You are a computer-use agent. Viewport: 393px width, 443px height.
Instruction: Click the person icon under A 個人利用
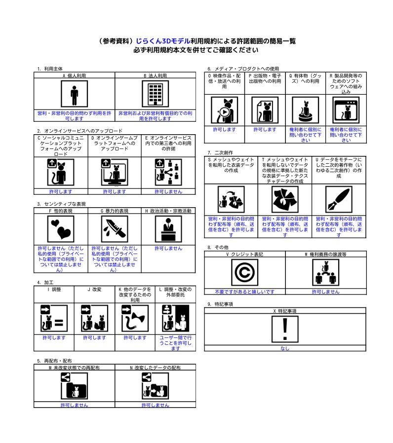tap(74, 94)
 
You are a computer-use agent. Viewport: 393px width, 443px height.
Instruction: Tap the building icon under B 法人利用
tap(155, 94)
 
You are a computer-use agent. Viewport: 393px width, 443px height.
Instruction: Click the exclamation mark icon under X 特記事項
tap(285, 329)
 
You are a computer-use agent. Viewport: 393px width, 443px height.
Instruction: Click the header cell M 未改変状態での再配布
tap(74, 368)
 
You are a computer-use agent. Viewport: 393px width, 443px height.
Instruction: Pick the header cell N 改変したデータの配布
tap(155, 368)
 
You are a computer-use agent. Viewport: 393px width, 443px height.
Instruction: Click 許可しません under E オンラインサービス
tap(168, 191)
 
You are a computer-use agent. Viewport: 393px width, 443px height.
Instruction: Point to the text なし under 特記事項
tap(285, 348)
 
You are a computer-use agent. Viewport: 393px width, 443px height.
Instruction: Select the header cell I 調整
tap(54, 289)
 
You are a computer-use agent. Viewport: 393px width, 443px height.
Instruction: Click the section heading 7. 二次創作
tap(220, 153)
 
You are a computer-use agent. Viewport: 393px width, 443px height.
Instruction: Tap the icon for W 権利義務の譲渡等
tap(325, 273)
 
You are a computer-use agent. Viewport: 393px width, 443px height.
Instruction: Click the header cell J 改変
tap(94, 289)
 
